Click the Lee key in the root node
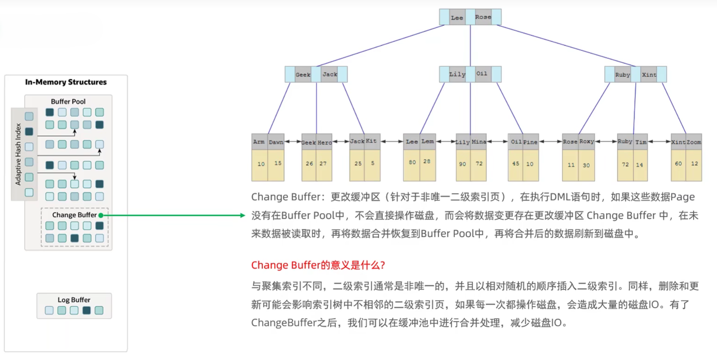(x=457, y=17)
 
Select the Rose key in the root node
(x=483, y=17)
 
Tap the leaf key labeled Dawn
(x=276, y=142)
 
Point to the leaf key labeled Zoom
(x=694, y=142)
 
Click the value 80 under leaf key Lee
(x=412, y=162)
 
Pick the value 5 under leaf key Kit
(x=372, y=163)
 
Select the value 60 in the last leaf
(x=678, y=164)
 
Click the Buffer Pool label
(x=68, y=102)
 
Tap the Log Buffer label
(x=74, y=300)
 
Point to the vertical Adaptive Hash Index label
(x=18, y=154)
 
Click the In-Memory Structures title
(x=66, y=82)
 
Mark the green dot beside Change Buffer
(x=101, y=215)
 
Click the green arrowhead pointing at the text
(x=243, y=216)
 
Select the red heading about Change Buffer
(x=318, y=265)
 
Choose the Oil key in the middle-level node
(x=482, y=74)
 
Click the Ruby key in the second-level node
(x=622, y=75)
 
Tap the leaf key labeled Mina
(x=479, y=142)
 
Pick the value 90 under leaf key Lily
(x=463, y=164)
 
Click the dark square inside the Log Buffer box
(x=86, y=310)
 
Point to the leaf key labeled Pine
(x=530, y=142)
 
